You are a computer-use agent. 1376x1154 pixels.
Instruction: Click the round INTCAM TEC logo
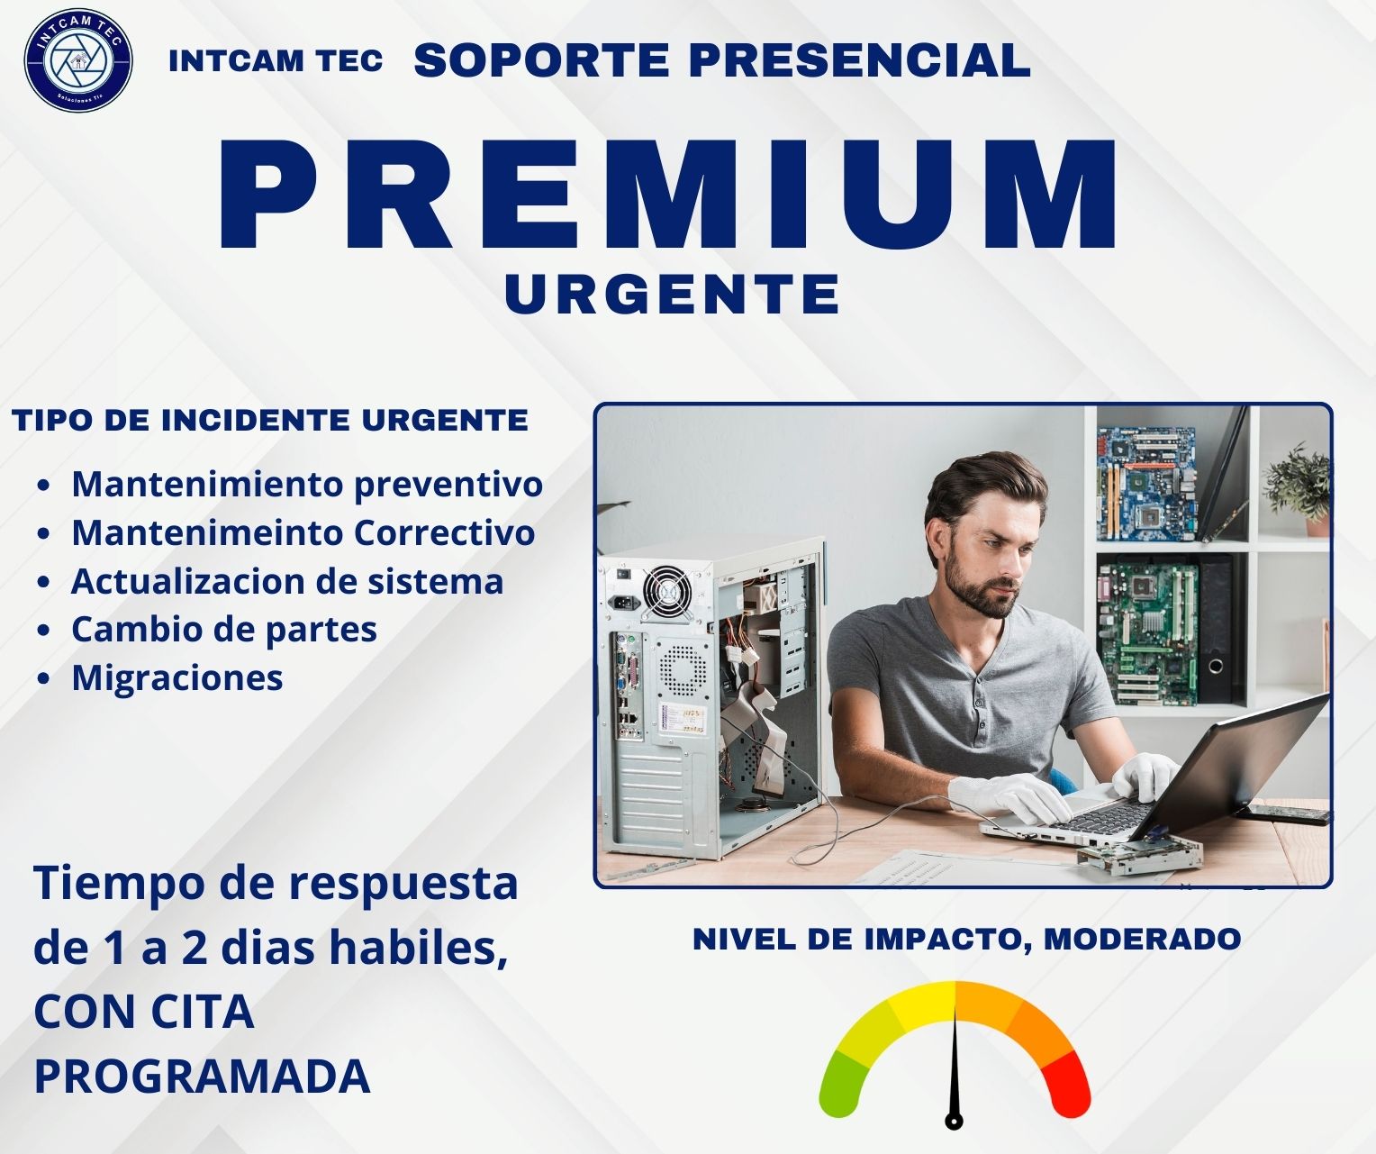click(78, 60)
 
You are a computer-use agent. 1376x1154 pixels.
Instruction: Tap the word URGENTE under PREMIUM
click(672, 294)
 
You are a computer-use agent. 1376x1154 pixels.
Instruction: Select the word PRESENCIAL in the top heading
click(859, 60)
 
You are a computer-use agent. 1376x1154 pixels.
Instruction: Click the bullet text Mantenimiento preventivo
click(307, 485)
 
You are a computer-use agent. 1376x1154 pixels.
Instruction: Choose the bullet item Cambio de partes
click(224, 630)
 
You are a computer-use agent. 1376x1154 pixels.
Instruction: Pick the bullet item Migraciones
click(177, 677)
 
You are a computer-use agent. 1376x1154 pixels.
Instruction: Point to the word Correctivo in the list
click(444, 532)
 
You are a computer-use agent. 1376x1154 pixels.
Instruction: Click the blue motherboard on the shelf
click(1146, 482)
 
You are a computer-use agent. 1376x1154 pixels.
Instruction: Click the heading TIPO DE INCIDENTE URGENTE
click(270, 420)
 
